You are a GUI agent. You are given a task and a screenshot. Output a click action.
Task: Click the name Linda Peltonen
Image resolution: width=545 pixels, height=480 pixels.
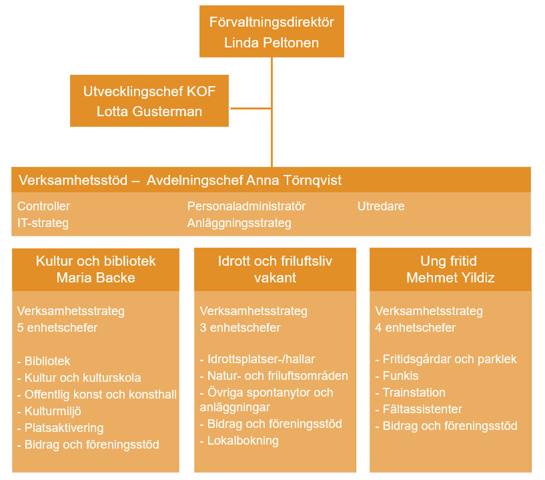[x=271, y=43]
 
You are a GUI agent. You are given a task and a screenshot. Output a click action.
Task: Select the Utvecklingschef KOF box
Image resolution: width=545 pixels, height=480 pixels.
[x=149, y=101]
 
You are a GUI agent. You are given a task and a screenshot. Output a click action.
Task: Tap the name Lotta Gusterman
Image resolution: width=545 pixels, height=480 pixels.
[x=149, y=111]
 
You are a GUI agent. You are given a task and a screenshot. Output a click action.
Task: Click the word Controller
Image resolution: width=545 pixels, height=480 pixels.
[x=43, y=206]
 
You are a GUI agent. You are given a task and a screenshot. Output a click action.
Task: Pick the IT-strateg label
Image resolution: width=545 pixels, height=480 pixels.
[x=43, y=222]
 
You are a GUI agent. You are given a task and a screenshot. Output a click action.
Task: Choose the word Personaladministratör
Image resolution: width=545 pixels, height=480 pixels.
[x=246, y=206]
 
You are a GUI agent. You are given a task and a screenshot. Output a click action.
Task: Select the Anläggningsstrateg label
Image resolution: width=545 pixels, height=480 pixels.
[x=239, y=222]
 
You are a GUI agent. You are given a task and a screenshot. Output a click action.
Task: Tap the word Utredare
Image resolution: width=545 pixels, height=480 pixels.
[x=381, y=206]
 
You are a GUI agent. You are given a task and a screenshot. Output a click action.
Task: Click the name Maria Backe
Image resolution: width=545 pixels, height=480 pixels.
[x=95, y=277]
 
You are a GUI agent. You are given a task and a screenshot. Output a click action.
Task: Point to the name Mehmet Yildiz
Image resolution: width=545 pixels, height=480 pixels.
[x=450, y=277]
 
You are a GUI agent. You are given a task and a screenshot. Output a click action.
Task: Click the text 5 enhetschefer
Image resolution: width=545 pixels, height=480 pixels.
[x=57, y=328]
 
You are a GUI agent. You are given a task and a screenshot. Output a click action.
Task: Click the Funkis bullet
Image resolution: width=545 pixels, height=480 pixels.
[x=400, y=376]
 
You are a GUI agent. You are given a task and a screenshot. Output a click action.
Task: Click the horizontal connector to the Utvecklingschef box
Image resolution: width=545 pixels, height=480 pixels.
[x=249, y=107]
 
